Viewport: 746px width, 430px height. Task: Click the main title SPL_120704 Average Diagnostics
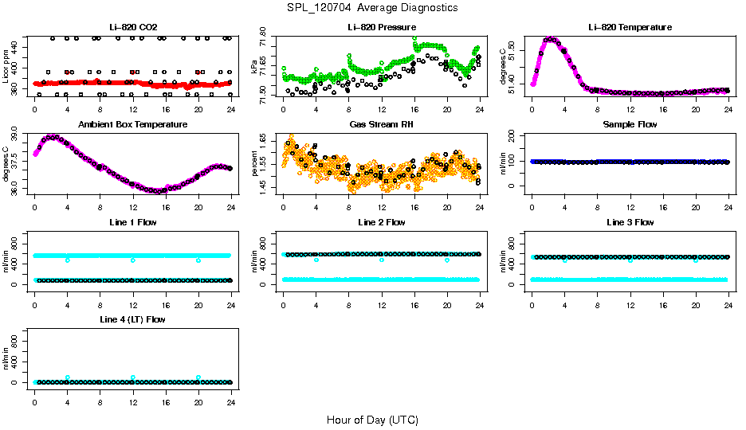click(x=373, y=7)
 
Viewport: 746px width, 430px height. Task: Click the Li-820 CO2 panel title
click(x=132, y=27)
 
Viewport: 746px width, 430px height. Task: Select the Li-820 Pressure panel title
click(x=381, y=27)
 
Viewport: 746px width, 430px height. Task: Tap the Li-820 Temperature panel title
click(x=630, y=27)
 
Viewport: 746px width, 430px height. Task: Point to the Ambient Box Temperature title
click(x=132, y=124)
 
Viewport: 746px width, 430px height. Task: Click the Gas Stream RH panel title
click(x=381, y=124)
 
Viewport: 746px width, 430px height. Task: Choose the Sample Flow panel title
click(x=630, y=124)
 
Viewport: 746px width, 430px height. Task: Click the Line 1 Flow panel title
click(x=132, y=221)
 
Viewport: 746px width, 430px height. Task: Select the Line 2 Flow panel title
click(x=381, y=221)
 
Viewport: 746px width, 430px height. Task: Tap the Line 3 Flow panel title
click(x=630, y=221)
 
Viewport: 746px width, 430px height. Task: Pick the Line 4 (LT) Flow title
click(x=132, y=319)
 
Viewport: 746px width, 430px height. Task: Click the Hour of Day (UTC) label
click(x=372, y=419)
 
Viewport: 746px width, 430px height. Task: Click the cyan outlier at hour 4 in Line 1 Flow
click(x=68, y=260)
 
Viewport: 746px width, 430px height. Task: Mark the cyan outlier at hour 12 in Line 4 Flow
click(x=133, y=377)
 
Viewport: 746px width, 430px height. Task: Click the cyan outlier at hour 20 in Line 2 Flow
click(x=447, y=260)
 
